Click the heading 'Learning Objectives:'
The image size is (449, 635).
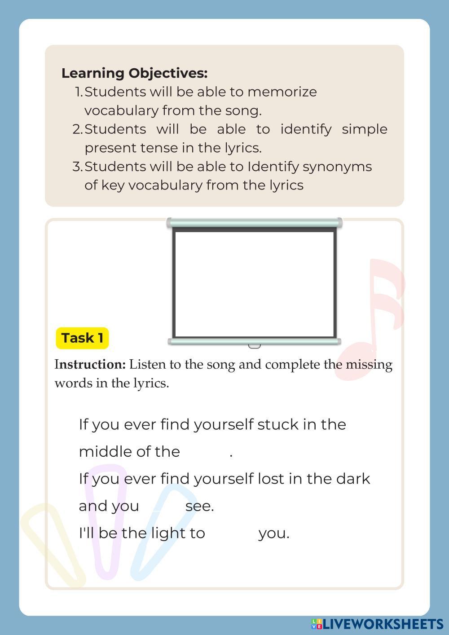point(134,73)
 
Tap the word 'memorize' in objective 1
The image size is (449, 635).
point(282,92)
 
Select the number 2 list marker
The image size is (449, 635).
point(77,129)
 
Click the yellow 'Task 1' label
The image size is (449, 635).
point(82,338)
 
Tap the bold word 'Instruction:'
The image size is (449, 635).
point(90,364)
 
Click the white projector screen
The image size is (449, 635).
point(254,283)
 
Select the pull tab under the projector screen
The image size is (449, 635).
point(254,346)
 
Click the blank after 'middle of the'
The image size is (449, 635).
point(205,451)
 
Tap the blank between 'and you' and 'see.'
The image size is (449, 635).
point(162,506)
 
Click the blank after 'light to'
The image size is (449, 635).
point(231,533)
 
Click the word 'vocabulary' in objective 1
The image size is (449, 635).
point(121,110)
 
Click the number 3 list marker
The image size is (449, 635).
point(77,167)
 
